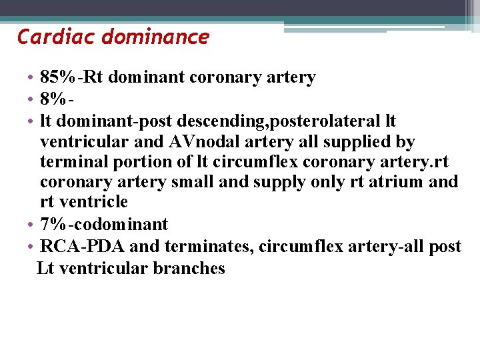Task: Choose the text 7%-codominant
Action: tap(104, 225)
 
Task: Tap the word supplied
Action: tap(356, 142)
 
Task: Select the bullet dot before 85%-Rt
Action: tap(31, 78)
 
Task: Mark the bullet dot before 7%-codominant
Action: tap(31, 225)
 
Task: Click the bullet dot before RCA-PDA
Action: tap(31, 247)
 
